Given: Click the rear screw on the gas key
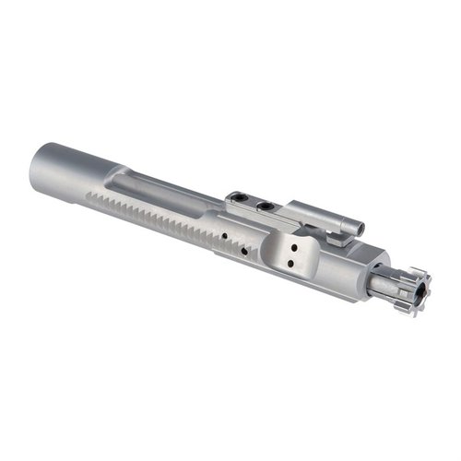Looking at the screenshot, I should pos(238,196).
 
